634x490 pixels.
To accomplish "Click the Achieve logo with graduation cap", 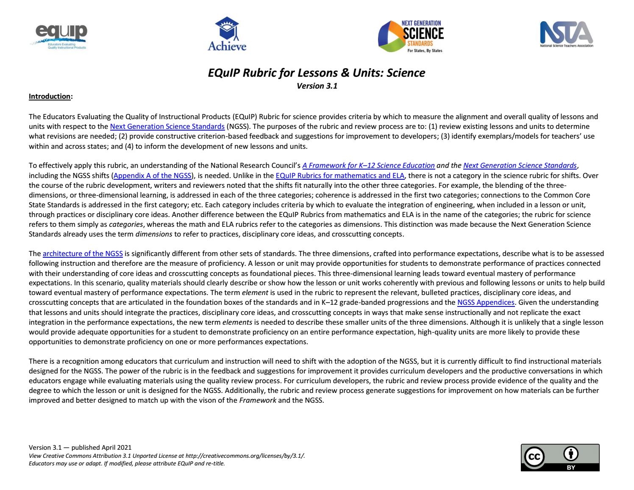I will coord(227,35).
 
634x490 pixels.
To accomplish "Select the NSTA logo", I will coord(566,34).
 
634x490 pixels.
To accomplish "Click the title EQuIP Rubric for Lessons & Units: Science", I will coord(316,73).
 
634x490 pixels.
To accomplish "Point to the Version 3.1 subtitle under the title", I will coord(317,86).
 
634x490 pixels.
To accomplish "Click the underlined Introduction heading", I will coord(49,96).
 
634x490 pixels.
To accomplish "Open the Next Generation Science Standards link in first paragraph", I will coord(167,126).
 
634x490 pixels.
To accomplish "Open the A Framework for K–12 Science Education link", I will coord(368,165).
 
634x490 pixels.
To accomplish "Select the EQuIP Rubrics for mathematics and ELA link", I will coord(340,175).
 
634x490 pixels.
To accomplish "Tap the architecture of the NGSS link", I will coord(83,253).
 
